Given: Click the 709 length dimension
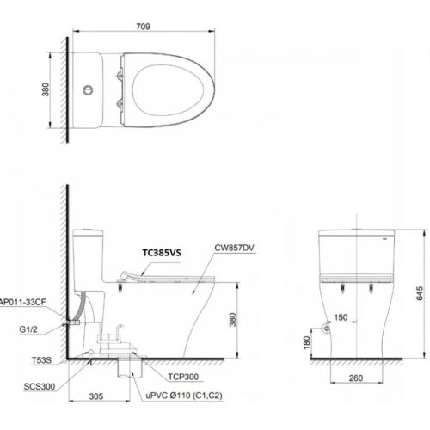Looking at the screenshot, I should tap(143, 27).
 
